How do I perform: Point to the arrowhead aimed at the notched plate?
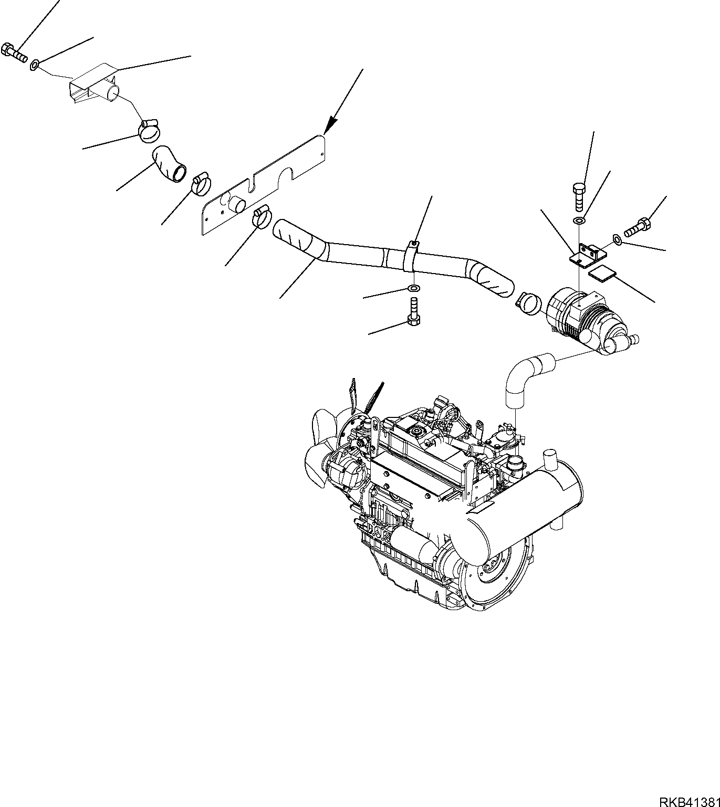pyautogui.click(x=329, y=125)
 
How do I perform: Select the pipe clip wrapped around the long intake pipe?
pyautogui.click(x=413, y=257)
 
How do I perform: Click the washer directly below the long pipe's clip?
pyautogui.click(x=414, y=288)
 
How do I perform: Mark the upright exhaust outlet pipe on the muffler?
pyautogui.click(x=550, y=460)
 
